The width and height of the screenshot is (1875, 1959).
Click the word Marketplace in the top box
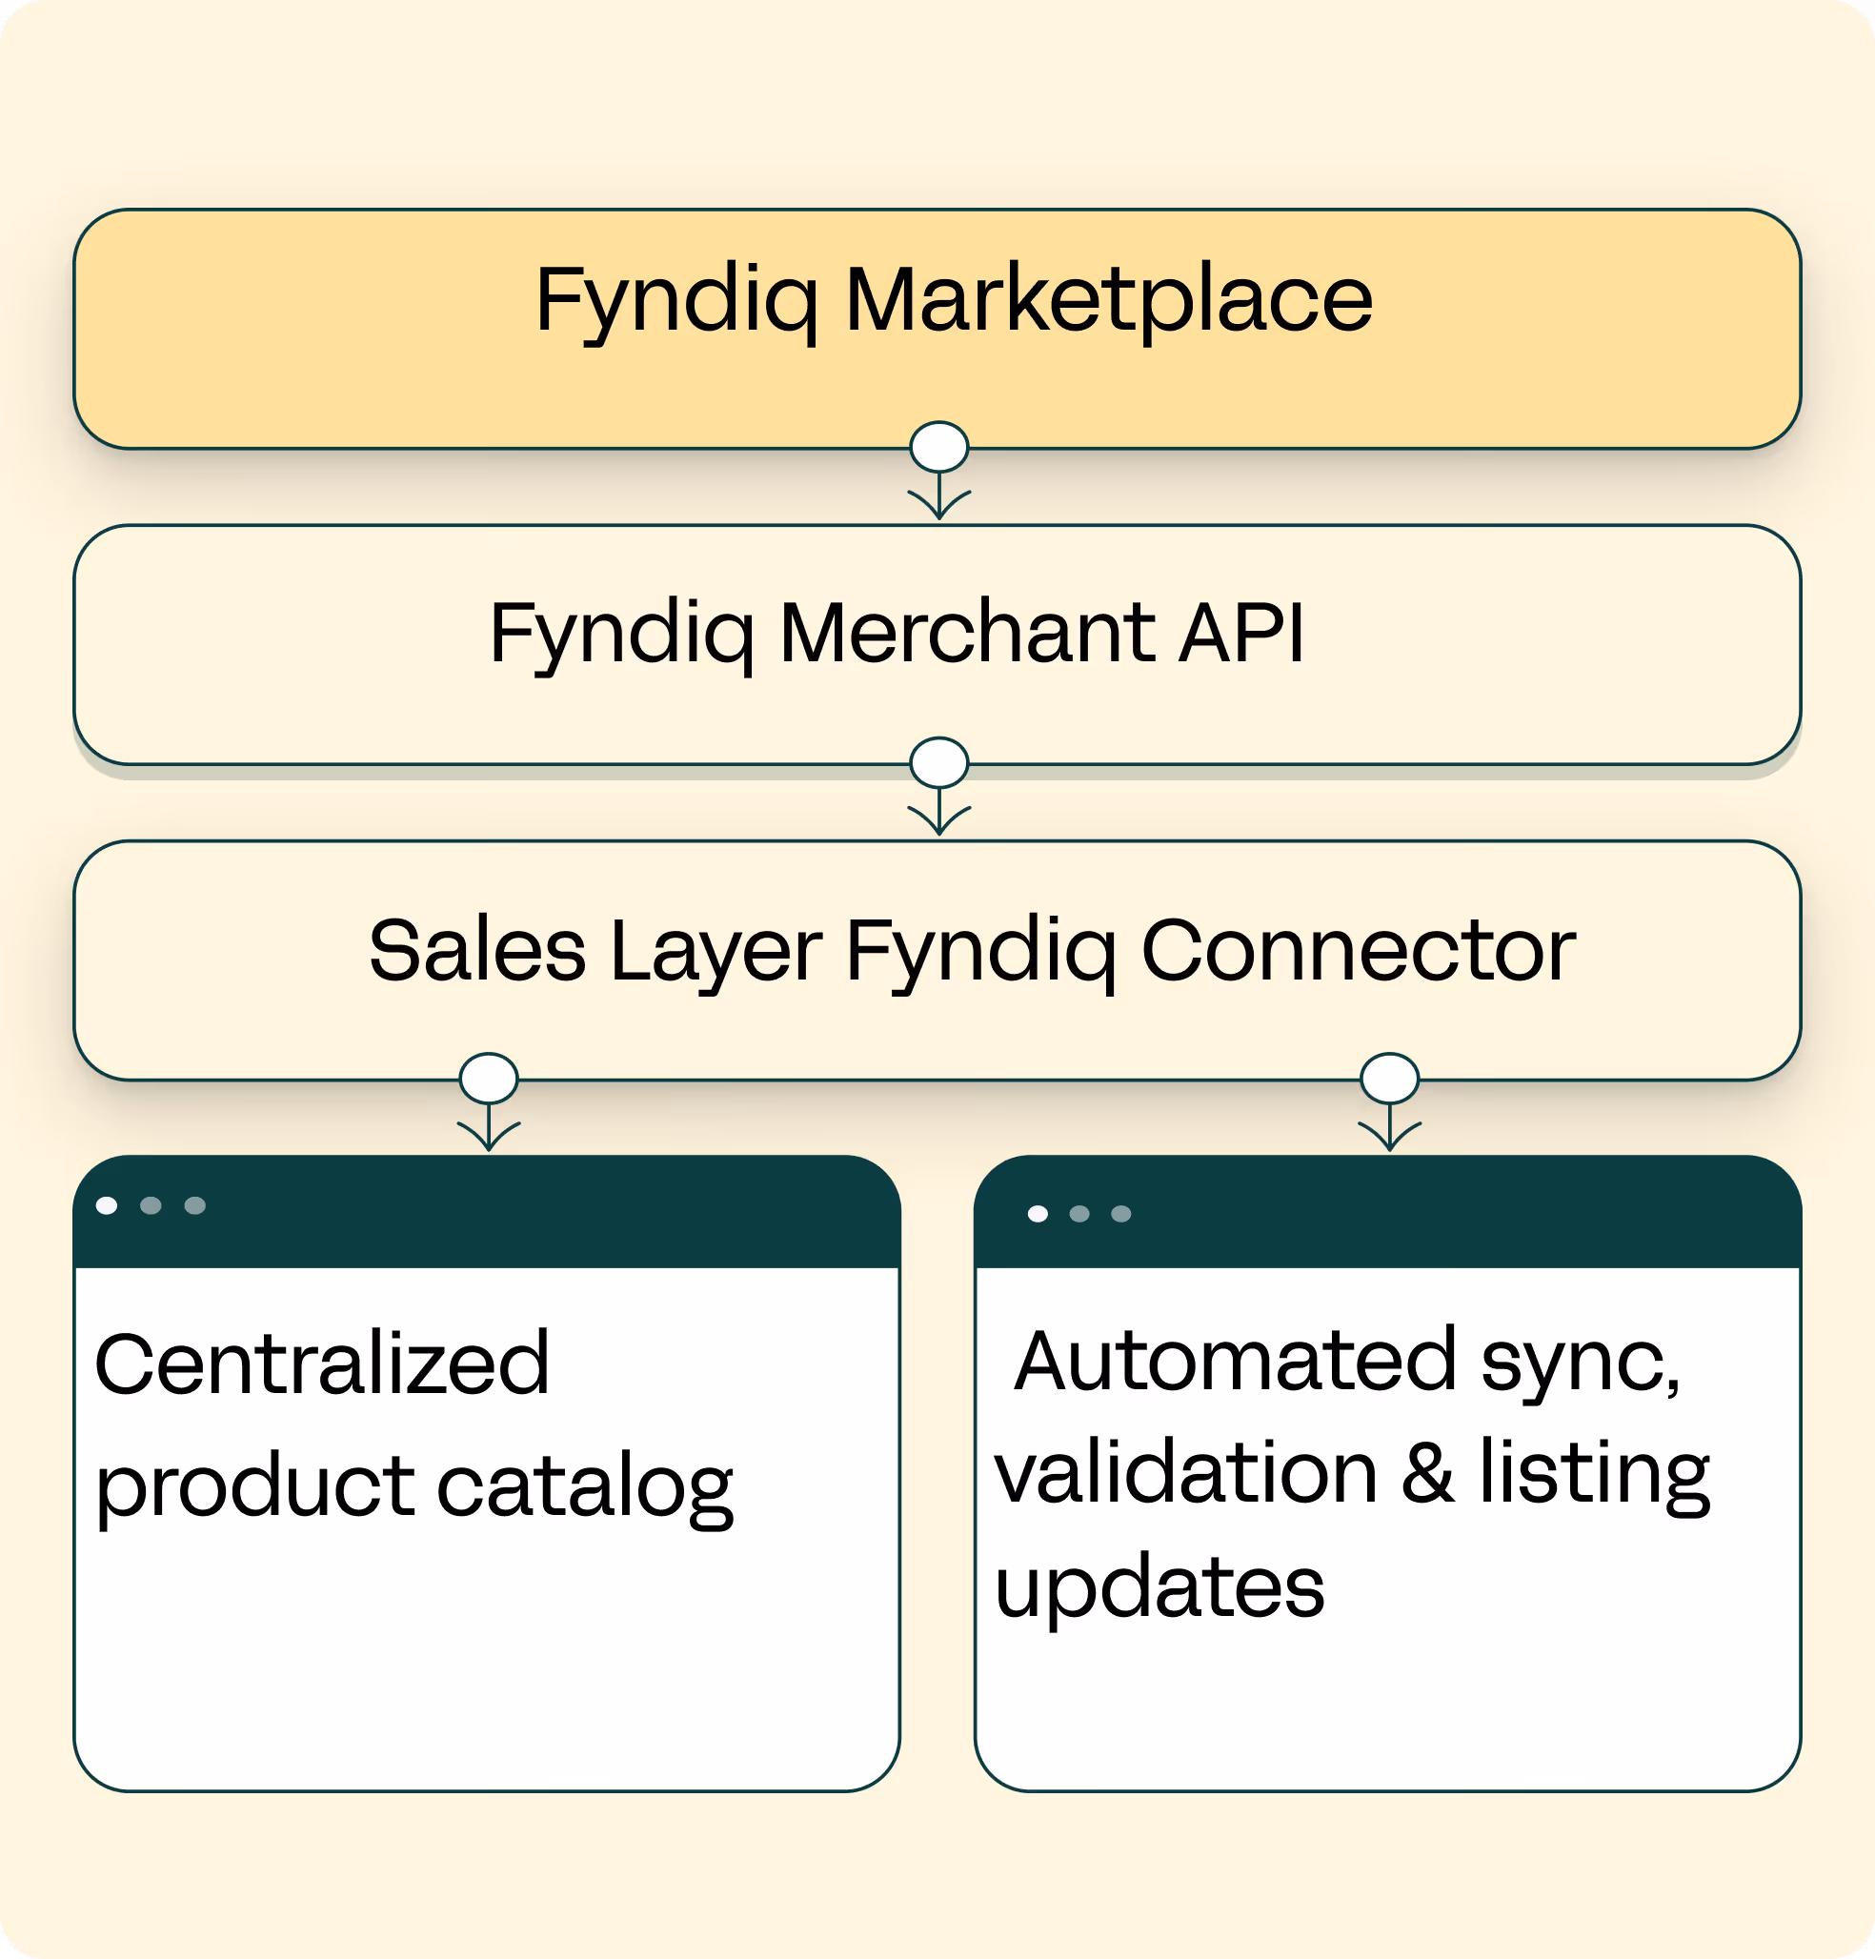pos(1108,300)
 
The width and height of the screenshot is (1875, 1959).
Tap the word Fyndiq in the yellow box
pos(676,300)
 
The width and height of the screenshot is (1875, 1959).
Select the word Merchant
pos(966,632)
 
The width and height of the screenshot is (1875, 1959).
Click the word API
pos(1241,632)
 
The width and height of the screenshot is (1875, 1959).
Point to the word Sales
pos(477,950)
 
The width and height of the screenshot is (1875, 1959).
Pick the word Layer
pos(716,952)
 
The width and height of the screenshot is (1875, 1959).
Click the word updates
pos(1159,1587)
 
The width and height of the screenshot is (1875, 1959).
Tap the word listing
pos(1594,1473)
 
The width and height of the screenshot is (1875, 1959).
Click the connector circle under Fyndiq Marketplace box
pos(939,447)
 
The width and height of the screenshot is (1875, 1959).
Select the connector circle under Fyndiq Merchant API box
pos(939,762)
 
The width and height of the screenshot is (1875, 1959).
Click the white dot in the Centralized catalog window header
pos(107,1205)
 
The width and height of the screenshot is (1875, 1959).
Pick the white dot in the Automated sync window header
pos(1038,1213)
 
